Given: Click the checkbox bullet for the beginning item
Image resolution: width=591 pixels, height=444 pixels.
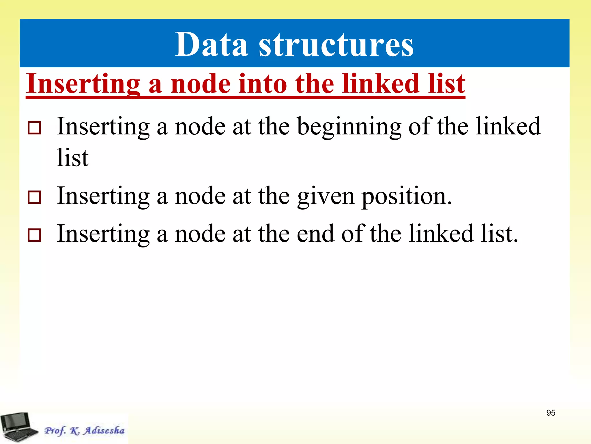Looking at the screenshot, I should [34, 128].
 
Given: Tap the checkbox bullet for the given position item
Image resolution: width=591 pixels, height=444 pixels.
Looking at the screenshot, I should [34, 197].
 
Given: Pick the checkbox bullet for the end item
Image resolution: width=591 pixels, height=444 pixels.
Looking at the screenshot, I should [34, 235].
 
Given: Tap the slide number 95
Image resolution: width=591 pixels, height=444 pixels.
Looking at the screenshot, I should [551, 413].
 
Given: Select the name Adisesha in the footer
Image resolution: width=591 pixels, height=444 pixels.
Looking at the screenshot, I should [104, 430].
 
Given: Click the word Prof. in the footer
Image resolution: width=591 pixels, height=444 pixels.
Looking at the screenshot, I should [55, 431].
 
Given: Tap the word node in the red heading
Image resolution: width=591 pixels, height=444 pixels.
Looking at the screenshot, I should [201, 84].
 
